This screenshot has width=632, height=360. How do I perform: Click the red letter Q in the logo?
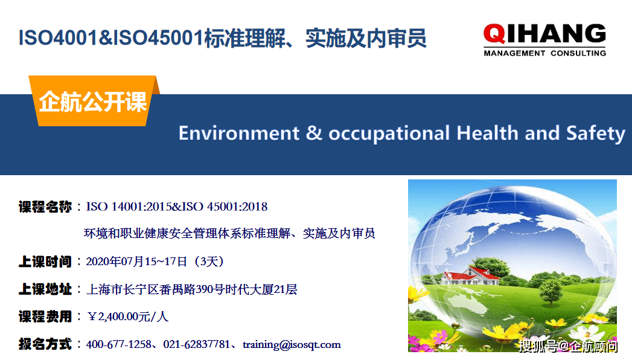[x=494, y=34]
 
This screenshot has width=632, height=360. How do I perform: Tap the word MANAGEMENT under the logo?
[x=514, y=53]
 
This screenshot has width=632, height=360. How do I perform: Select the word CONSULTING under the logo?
[x=578, y=53]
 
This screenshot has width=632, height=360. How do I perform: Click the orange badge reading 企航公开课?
[x=94, y=101]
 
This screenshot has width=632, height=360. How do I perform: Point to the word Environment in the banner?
[x=239, y=133]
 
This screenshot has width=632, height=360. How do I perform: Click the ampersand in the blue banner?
[x=314, y=133]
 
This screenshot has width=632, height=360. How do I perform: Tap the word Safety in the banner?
[x=596, y=134]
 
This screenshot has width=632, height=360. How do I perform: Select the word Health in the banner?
[x=487, y=133]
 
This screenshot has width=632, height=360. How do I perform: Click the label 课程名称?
[x=45, y=207]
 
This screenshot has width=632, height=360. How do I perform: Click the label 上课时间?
[x=45, y=262]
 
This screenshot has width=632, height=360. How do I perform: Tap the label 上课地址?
[x=45, y=289]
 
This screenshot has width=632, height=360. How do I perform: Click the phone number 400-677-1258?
[x=119, y=344]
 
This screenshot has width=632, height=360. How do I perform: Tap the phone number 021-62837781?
[x=196, y=344]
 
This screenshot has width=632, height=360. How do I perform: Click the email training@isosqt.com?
[x=292, y=345]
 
